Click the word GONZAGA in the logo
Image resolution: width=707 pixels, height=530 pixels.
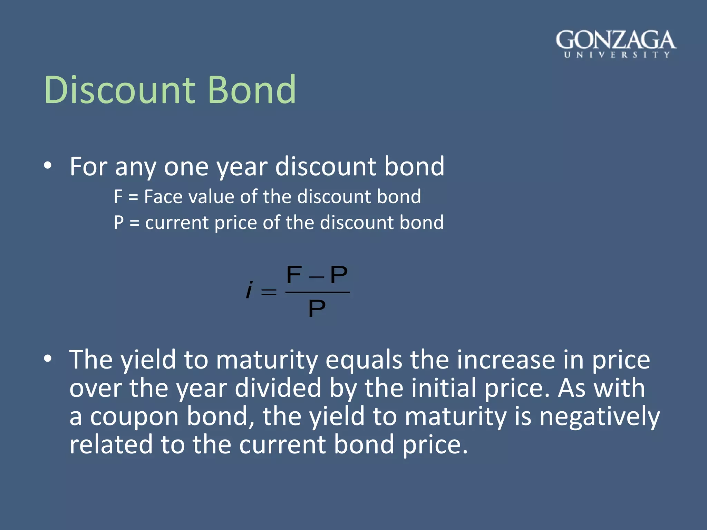tap(616, 40)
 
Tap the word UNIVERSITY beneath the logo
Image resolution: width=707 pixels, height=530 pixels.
tap(617, 55)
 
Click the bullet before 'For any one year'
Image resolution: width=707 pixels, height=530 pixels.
tap(48, 166)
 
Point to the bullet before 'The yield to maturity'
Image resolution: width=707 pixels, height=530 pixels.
tap(48, 359)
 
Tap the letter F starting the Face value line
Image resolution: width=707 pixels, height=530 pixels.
tap(118, 197)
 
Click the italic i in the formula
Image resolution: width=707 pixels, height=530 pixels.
tap(249, 290)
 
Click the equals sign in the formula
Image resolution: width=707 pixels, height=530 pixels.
tap(269, 293)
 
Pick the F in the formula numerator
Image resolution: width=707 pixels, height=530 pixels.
tap(294, 275)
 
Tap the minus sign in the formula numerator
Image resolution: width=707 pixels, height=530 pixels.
tap(317, 277)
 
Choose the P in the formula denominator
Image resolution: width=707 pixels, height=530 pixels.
tap(317, 308)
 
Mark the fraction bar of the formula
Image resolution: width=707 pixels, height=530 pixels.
tap(318, 292)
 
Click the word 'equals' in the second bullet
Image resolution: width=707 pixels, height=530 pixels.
tap(364, 360)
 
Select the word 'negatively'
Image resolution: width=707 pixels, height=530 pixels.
tap(599, 416)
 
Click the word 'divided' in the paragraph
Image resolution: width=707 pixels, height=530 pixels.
tap(278, 388)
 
